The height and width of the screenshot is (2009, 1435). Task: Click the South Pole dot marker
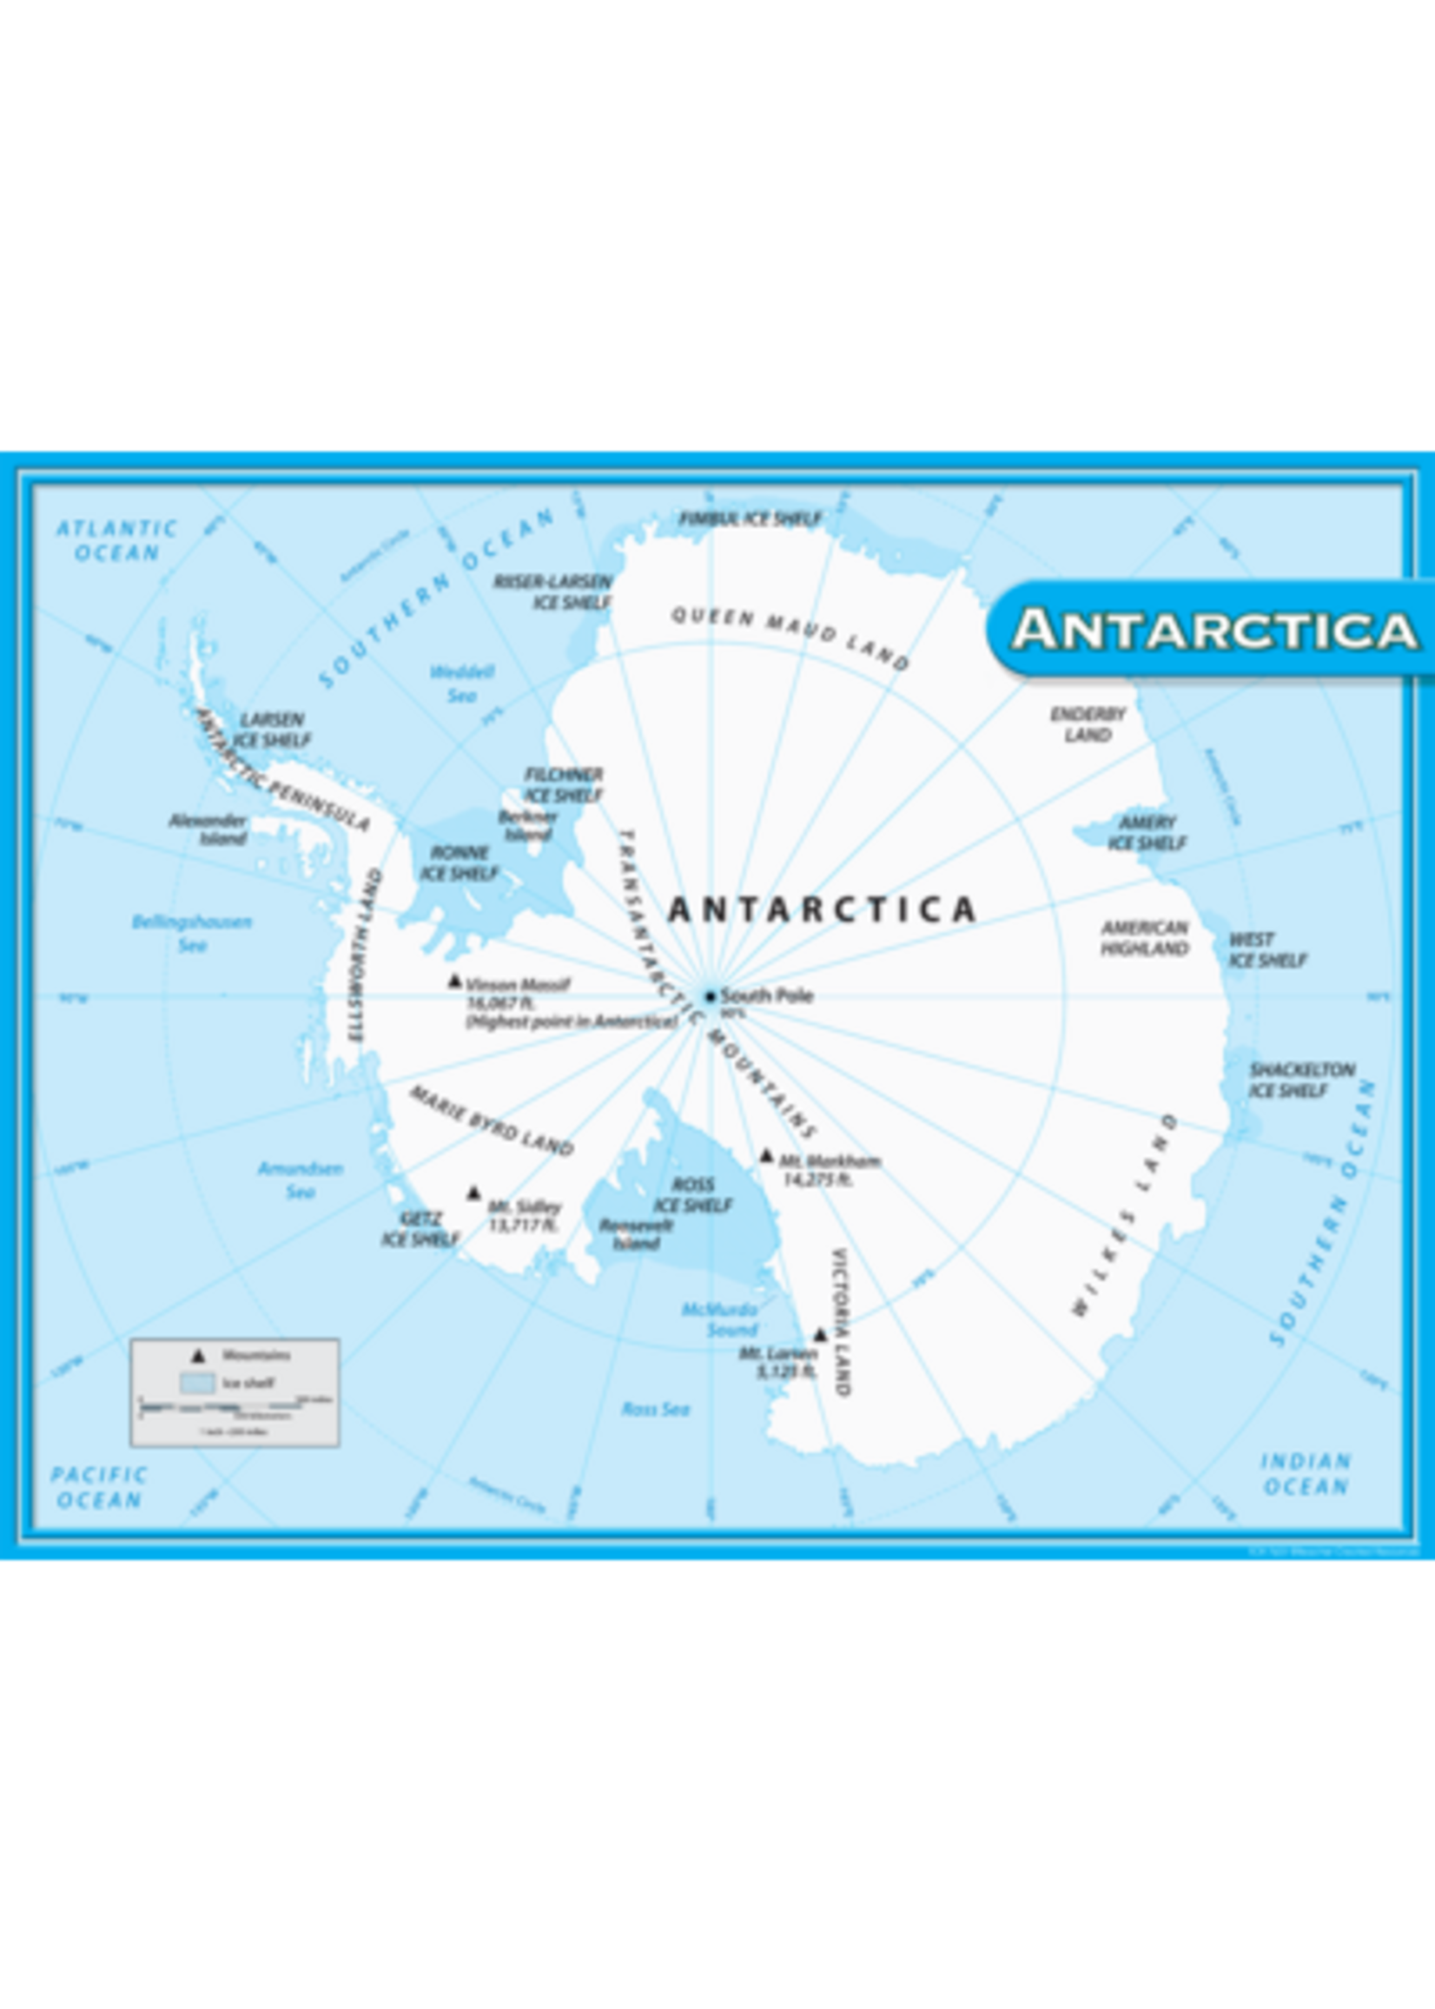click(x=709, y=996)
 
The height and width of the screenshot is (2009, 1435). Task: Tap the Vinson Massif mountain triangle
click(x=455, y=981)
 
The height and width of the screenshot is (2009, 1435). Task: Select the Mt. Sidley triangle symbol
click(x=473, y=1193)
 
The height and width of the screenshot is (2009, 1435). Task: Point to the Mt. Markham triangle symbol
click(x=767, y=1155)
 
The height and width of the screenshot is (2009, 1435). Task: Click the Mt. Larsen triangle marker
click(x=820, y=1335)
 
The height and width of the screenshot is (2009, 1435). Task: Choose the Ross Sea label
click(x=655, y=1409)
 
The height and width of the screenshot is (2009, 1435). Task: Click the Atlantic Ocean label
click(x=116, y=539)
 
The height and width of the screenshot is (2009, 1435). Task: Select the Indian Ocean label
click(x=1305, y=1474)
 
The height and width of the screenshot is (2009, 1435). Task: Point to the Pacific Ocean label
click(x=98, y=1487)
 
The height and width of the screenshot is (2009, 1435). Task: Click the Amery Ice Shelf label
click(x=1146, y=833)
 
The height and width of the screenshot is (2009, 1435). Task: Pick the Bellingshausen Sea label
click(x=192, y=933)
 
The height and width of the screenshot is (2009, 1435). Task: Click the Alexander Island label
click(x=208, y=829)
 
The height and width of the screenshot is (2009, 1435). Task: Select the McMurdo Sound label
click(x=719, y=1319)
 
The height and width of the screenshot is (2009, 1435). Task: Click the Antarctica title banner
click(x=1215, y=630)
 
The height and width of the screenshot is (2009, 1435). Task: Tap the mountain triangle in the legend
click(x=199, y=1355)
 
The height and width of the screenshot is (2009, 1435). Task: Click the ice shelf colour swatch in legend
click(x=196, y=1383)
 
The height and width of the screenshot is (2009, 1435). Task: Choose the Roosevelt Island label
click(x=636, y=1235)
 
